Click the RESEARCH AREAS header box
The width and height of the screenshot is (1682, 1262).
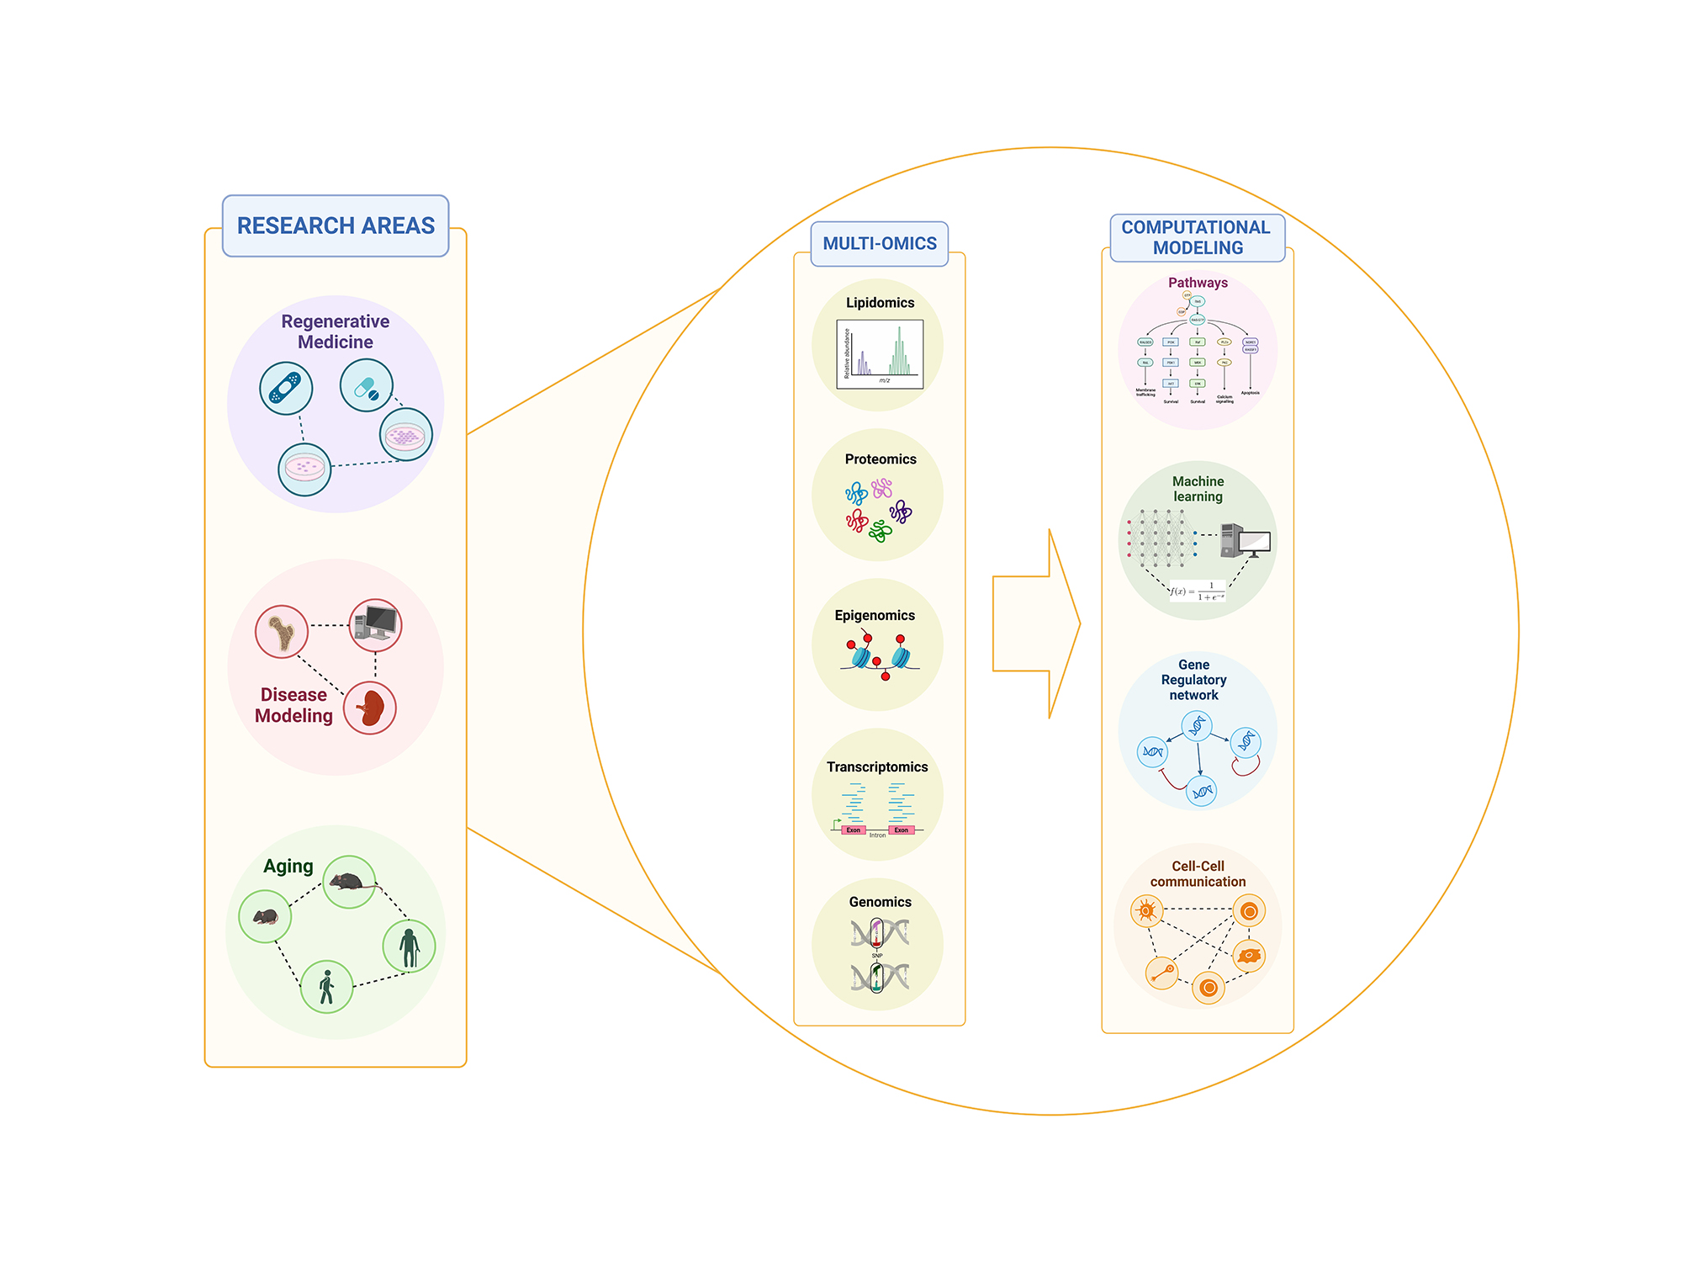pos(336,225)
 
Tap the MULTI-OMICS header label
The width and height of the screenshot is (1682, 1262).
pos(879,243)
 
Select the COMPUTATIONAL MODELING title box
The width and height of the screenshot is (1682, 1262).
pos(1197,237)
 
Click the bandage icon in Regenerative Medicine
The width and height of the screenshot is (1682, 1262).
pos(286,388)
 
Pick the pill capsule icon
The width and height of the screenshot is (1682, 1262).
pos(367,385)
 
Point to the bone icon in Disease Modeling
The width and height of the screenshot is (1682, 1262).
pos(281,631)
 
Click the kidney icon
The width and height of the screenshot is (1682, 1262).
pos(370,707)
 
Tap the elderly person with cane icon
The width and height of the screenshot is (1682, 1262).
pos(409,946)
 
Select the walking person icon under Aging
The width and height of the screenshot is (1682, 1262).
pos(326,986)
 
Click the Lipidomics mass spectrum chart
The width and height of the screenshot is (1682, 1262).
pos(880,354)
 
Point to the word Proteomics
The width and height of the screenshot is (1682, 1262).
pos(881,459)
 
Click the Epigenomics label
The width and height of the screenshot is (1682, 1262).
pos(875,616)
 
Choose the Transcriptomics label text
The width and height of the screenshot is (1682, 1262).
pos(877,767)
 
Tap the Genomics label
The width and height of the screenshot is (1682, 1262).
pos(880,902)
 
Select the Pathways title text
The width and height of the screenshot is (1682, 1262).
pos(1198,283)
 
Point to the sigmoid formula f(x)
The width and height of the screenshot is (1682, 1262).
pos(1198,591)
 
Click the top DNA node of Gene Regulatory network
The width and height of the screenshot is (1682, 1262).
pos(1197,725)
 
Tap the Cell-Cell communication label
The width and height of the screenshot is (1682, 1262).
pos(1198,873)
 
